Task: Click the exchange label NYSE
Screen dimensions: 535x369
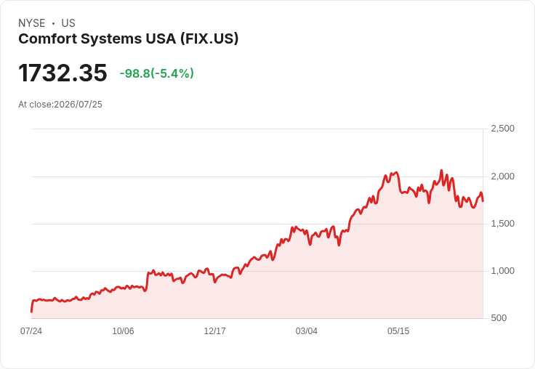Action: [32, 23]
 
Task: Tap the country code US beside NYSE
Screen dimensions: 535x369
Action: [68, 23]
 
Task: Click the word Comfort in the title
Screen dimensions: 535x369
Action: [48, 38]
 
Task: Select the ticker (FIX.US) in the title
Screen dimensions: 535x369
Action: [209, 38]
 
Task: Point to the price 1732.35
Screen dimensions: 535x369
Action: [63, 73]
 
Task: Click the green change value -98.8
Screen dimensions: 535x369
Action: [134, 73]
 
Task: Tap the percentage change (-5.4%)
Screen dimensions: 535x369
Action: [172, 73]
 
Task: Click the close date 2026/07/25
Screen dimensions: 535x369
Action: [78, 105]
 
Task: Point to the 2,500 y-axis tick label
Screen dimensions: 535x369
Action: [502, 129]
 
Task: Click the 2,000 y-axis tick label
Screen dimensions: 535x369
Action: [502, 177]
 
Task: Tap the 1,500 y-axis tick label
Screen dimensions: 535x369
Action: [502, 224]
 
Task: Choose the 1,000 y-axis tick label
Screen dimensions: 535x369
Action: [502, 271]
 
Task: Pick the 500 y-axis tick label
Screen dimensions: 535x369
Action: [499, 318]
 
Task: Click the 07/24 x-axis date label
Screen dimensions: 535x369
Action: [31, 331]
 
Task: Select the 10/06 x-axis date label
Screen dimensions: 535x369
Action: [123, 331]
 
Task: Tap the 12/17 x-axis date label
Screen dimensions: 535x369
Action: [214, 331]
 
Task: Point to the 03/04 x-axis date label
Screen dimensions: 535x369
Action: [307, 331]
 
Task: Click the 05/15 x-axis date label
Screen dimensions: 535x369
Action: [398, 331]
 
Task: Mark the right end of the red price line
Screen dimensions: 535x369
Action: [483, 201]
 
